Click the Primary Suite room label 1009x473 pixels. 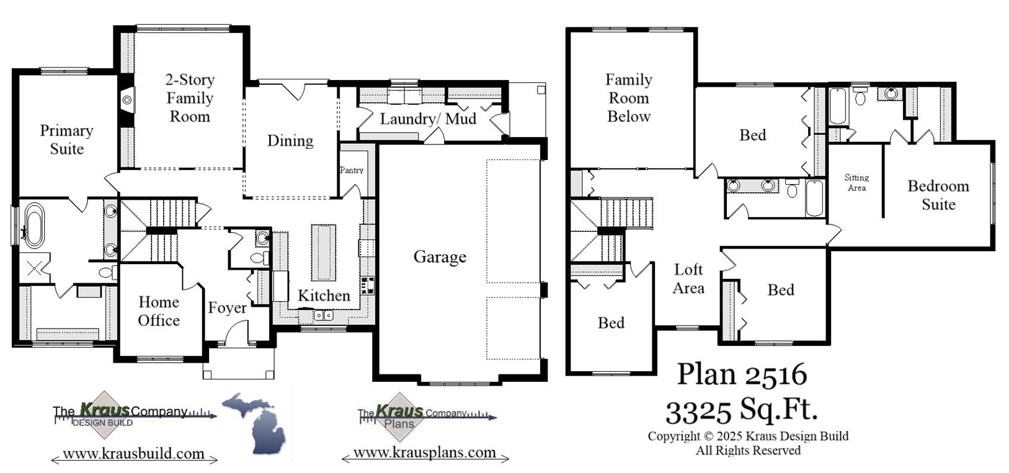(66, 139)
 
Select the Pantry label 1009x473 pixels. (351, 170)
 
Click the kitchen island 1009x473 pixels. (323, 252)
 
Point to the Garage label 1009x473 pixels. (440, 257)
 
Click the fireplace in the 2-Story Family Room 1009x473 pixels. (127, 99)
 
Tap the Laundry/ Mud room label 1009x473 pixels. (428, 118)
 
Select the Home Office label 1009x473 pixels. (159, 311)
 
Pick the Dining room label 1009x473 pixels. (290, 140)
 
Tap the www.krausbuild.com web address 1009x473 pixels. (134, 454)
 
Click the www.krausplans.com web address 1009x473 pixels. (425, 453)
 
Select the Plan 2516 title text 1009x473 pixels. (742, 374)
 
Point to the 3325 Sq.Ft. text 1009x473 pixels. (742, 409)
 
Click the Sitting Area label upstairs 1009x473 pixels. (856, 182)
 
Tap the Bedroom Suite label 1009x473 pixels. (938, 195)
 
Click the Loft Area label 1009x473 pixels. (688, 278)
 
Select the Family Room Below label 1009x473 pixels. (628, 98)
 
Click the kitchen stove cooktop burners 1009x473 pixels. (367, 285)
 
